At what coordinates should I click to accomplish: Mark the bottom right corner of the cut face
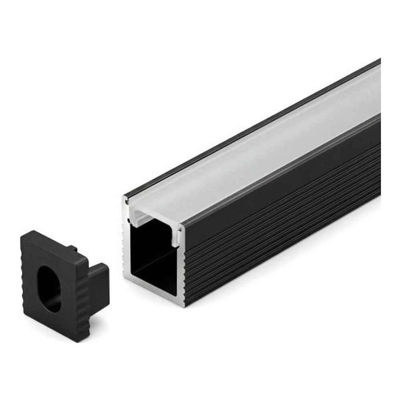[183, 306]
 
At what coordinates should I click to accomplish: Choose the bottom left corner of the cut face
[124, 277]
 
